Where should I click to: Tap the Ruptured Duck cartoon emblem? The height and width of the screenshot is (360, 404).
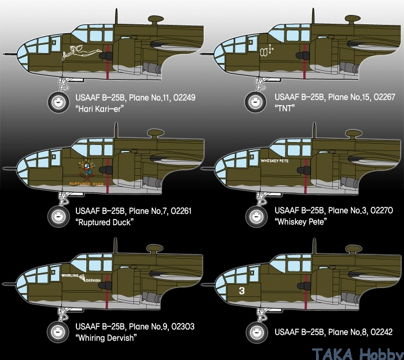click(x=87, y=169)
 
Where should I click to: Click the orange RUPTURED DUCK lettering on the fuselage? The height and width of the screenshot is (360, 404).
click(x=86, y=184)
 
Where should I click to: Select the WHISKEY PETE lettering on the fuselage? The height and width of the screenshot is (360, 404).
click(x=274, y=161)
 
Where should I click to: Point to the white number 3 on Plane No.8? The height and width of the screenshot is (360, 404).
click(x=241, y=291)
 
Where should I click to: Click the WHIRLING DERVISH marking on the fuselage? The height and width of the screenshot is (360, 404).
click(x=81, y=278)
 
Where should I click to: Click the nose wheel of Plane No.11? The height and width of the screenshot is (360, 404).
click(x=59, y=102)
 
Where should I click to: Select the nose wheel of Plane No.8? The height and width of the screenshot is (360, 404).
click(x=256, y=332)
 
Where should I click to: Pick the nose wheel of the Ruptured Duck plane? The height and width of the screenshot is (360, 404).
click(x=59, y=216)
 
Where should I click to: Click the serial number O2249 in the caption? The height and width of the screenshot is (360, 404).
click(x=184, y=97)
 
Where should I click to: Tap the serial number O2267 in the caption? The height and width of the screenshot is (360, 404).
click(x=384, y=97)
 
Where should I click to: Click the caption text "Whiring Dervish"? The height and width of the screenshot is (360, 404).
click(x=106, y=337)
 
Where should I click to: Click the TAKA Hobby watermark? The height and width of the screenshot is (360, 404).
click(x=358, y=354)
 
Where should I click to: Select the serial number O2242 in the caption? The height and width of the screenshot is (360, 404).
click(x=381, y=332)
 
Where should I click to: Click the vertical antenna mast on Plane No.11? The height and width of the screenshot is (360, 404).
click(x=116, y=16)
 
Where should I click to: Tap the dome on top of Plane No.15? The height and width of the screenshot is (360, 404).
click(x=353, y=19)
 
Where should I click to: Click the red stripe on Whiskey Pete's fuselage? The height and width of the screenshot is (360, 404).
click(x=305, y=176)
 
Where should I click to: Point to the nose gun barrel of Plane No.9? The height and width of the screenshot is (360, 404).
click(x=9, y=284)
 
